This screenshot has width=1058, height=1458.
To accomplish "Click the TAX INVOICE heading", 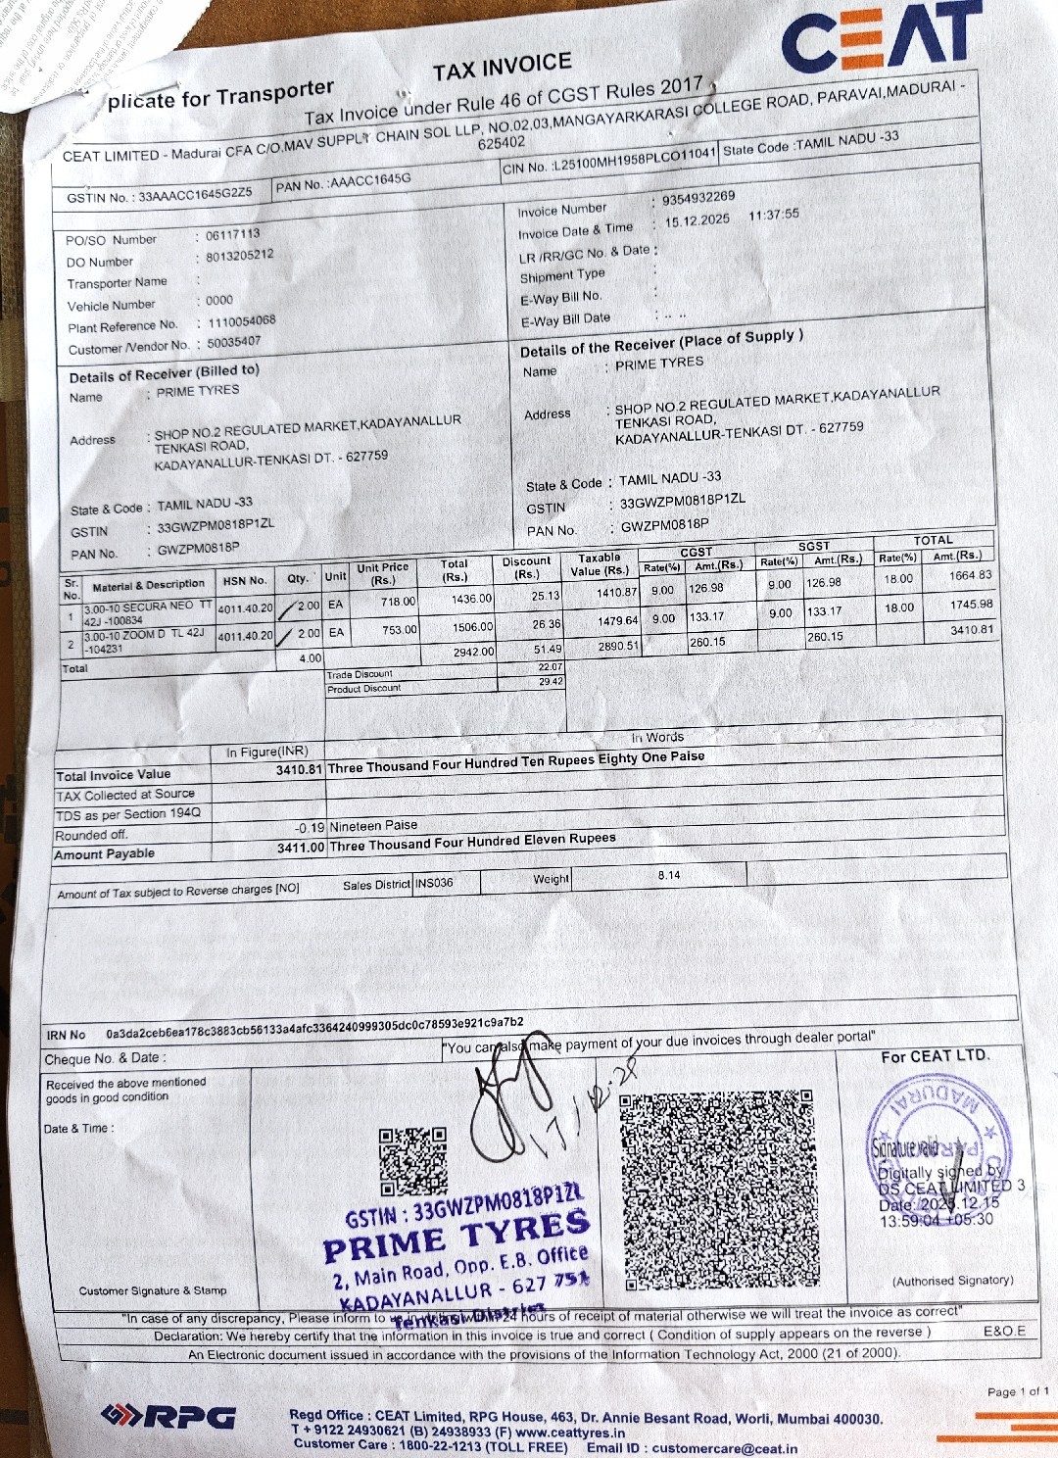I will [502, 67].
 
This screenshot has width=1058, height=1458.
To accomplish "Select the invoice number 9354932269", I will [698, 199].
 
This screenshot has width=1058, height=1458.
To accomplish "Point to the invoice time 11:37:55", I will [773, 215].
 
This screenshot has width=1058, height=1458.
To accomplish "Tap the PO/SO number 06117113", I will [233, 234].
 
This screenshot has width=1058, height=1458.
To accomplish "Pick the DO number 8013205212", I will [240, 256].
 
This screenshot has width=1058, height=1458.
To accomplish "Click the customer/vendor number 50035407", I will [234, 342].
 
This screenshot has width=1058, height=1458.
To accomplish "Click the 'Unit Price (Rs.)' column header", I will [382, 573].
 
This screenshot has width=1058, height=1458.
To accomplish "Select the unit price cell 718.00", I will [398, 602].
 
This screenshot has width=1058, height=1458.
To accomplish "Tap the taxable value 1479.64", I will [617, 620].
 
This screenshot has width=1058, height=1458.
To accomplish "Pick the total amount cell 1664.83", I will [970, 575].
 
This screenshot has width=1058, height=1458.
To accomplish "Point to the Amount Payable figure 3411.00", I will [300, 848].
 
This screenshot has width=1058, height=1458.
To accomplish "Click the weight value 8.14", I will [669, 875].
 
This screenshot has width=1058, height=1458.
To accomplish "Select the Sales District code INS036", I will [434, 883].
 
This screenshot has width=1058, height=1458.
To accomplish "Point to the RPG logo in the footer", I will [168, 1417].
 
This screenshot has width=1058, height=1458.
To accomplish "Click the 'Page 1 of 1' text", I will [1017, 1391].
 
